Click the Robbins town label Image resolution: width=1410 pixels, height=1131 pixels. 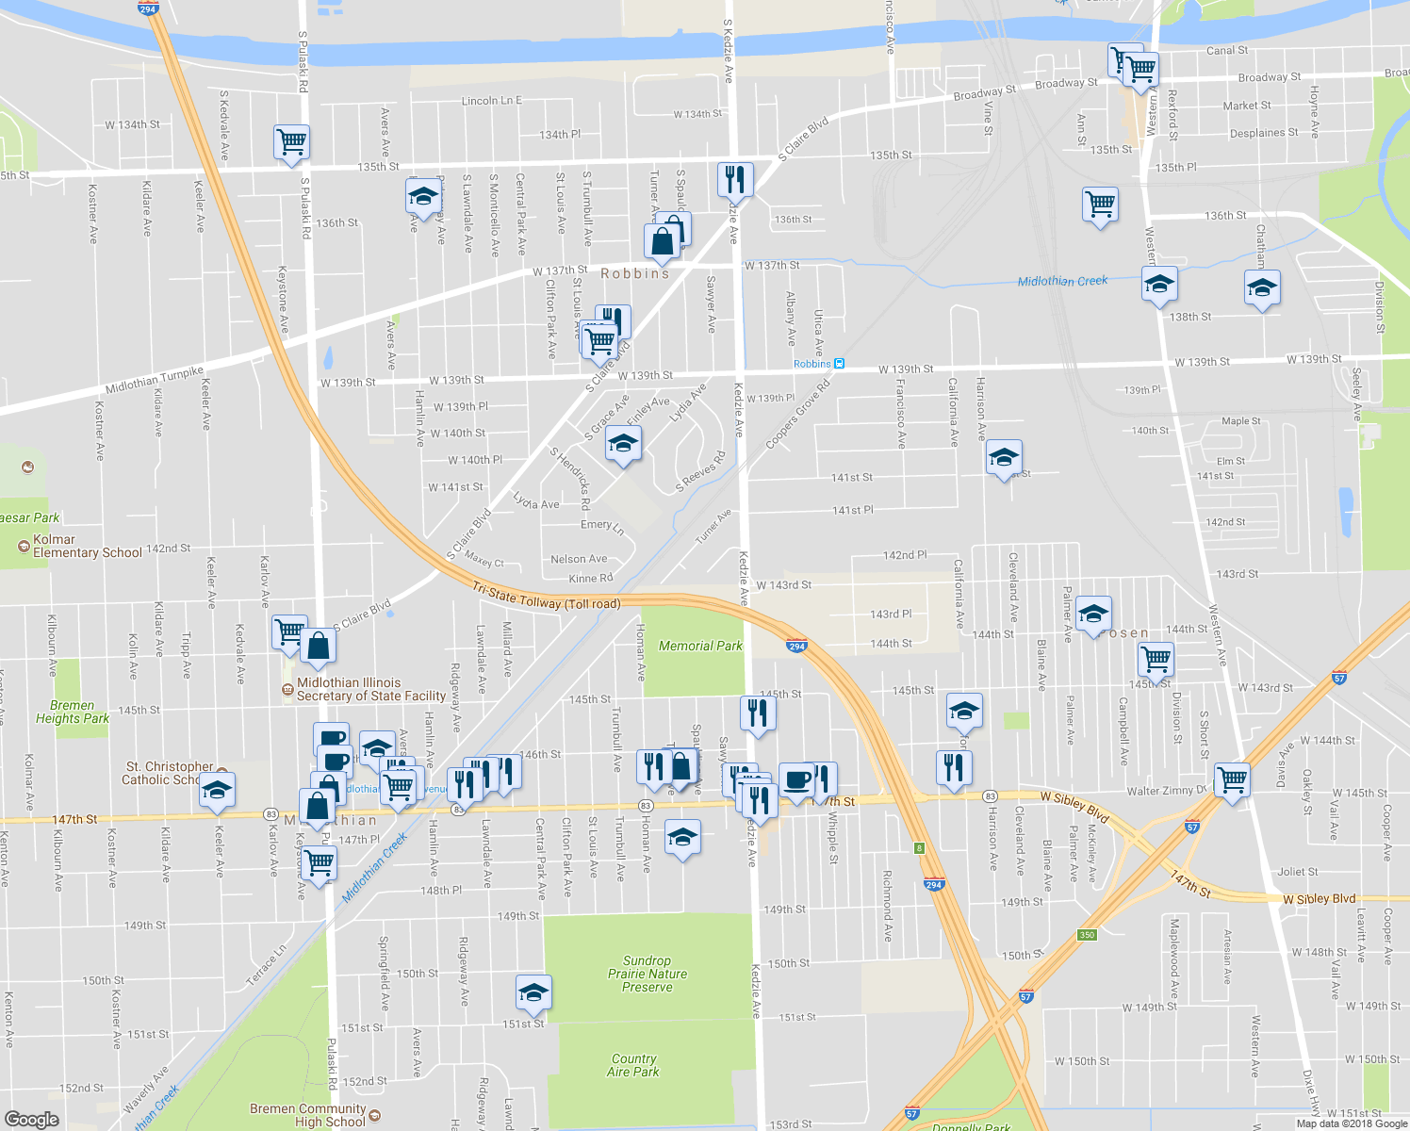point(635,273)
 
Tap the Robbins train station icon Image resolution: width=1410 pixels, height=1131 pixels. point(839,364)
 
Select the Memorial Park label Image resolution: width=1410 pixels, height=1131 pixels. point(700,646)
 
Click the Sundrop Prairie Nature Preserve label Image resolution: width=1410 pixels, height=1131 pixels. point(648,974)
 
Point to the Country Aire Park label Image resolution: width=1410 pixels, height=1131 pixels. point(633,1065)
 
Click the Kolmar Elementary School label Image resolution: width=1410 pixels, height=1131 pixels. point(87,547)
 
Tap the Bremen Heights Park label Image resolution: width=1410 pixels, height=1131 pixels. point(73,712)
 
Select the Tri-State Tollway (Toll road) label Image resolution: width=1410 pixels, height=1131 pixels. point(547,597)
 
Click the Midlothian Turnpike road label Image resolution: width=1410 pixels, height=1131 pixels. point(155,381)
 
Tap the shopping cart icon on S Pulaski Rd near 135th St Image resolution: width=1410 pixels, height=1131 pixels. point(292,142)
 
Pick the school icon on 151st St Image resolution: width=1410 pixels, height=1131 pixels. point(533,992)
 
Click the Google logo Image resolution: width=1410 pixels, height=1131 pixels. point(31,1119)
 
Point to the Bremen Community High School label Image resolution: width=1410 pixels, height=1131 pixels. point(307,1115)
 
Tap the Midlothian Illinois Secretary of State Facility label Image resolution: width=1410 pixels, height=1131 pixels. point(370,690)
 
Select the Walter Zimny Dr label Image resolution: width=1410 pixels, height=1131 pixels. point(1166,791)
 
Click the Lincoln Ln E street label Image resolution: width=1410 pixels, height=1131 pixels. point(491,101)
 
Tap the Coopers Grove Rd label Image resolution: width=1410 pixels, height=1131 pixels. point(798,414)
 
